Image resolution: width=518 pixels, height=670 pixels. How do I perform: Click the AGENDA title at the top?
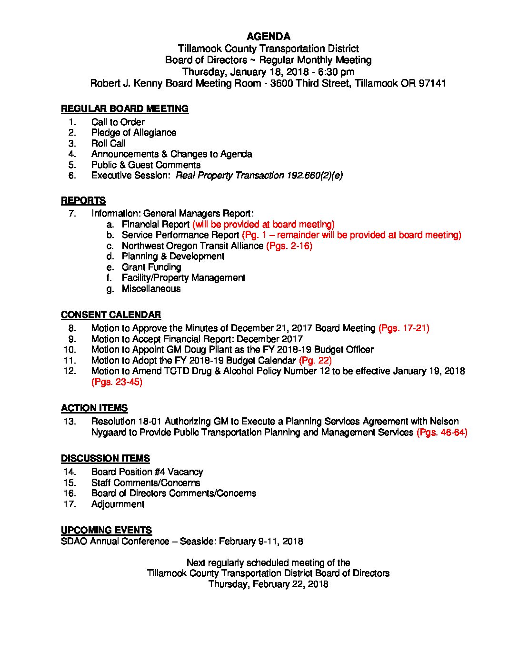[269, 37]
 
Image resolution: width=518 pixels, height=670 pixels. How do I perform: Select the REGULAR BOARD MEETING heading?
[125, 109]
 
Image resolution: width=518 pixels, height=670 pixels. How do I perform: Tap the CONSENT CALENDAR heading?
[111, 315]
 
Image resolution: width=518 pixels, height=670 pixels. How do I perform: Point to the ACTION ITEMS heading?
[94, 408]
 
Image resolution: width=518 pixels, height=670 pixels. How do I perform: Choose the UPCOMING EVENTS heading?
[106, 531]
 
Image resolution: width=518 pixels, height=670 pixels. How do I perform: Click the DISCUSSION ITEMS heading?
[105, 459]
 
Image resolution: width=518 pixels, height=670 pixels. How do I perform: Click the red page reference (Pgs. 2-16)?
[289, 246]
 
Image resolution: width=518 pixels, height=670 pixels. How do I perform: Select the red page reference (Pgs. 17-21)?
[404, 328]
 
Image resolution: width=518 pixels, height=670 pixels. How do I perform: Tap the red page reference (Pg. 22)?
[315, 361]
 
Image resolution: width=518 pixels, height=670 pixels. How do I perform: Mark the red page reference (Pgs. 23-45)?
[117, 382]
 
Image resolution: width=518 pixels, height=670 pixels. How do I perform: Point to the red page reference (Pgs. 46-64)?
[442, 433]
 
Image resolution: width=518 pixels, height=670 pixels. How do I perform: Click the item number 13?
[70, 422]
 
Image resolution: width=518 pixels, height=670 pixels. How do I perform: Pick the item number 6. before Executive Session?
[72, 176]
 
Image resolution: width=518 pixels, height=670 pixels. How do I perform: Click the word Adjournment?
[118, 504]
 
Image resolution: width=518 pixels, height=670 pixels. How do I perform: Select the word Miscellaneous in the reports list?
[151, 289]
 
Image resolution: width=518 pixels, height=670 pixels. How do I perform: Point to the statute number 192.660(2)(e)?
[314, 176]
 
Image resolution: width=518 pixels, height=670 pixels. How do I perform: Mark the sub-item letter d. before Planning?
[110, 256]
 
